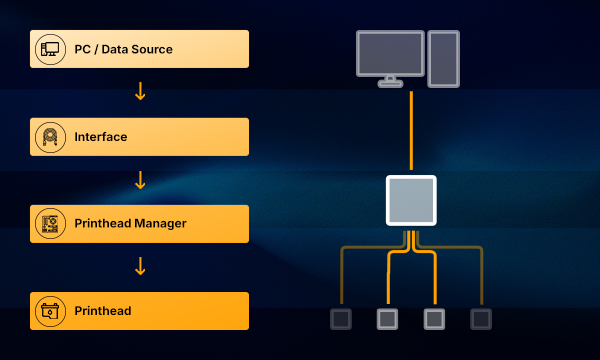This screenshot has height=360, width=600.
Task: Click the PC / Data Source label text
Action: [123, 49]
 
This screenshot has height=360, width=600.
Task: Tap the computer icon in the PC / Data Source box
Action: [51, 49]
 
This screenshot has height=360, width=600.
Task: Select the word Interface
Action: [101, 137]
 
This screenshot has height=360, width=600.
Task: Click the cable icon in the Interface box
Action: [50, 137]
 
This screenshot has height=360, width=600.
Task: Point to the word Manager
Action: [160, 223]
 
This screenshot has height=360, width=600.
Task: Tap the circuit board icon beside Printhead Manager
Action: [50, 224]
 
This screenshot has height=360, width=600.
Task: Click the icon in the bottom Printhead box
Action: [50, 311]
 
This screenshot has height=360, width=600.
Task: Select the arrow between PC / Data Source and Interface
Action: [140, 91]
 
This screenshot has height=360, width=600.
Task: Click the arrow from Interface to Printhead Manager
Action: [140, 180]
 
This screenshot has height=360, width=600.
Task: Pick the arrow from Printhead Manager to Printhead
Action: [140, 266]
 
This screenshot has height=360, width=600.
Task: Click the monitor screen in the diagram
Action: [390, 54]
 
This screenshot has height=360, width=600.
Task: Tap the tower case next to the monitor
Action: [443, 59]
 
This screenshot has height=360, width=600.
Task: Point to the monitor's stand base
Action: [390, 83]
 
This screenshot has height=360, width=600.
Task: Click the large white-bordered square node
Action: [411, 200]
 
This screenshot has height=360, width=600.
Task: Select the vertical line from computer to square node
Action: [411, 130]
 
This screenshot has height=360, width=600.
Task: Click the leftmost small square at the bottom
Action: [341, 319]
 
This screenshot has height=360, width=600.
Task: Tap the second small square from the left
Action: [387, 319]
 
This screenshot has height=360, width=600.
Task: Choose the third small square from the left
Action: [434, 319]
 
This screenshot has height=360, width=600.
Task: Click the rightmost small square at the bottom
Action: [481, 319]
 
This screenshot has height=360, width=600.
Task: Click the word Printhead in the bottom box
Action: [103, 311]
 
